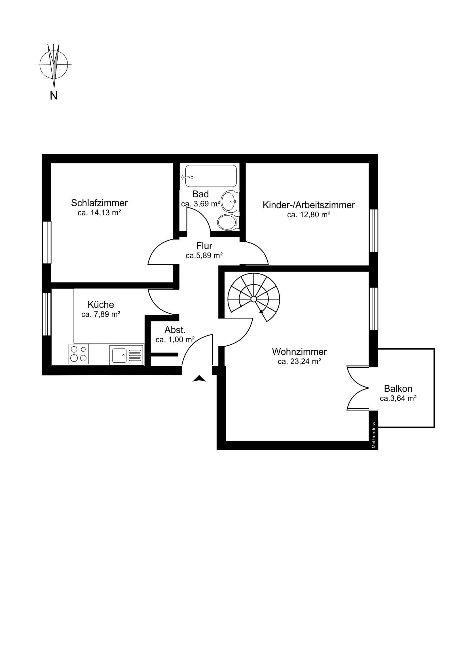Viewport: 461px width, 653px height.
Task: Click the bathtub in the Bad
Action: pos(210,176)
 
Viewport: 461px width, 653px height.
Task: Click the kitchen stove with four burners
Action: pos(79,354)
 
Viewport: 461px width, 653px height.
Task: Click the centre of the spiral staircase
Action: pos(253,299)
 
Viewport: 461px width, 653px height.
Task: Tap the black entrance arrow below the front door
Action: pos(199,378)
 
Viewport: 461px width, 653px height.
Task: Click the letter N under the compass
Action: pos(54,96)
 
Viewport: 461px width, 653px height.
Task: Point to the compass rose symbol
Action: pos(54,64)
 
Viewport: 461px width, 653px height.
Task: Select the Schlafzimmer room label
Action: pos(100,203)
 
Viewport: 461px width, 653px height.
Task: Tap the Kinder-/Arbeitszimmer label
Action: pos(309,205)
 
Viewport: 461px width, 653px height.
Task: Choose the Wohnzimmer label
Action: pos(299,352)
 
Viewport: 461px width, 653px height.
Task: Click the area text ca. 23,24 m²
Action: pos(299,361)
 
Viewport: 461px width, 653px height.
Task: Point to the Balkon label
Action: pos(398,388)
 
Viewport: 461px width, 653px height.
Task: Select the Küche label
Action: pos(101,305)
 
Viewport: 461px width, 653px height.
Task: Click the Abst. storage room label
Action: pos(175,330)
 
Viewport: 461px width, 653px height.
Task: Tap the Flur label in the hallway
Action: pos(204,246)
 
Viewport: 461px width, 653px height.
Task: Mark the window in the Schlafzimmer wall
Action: pos(47,242)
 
